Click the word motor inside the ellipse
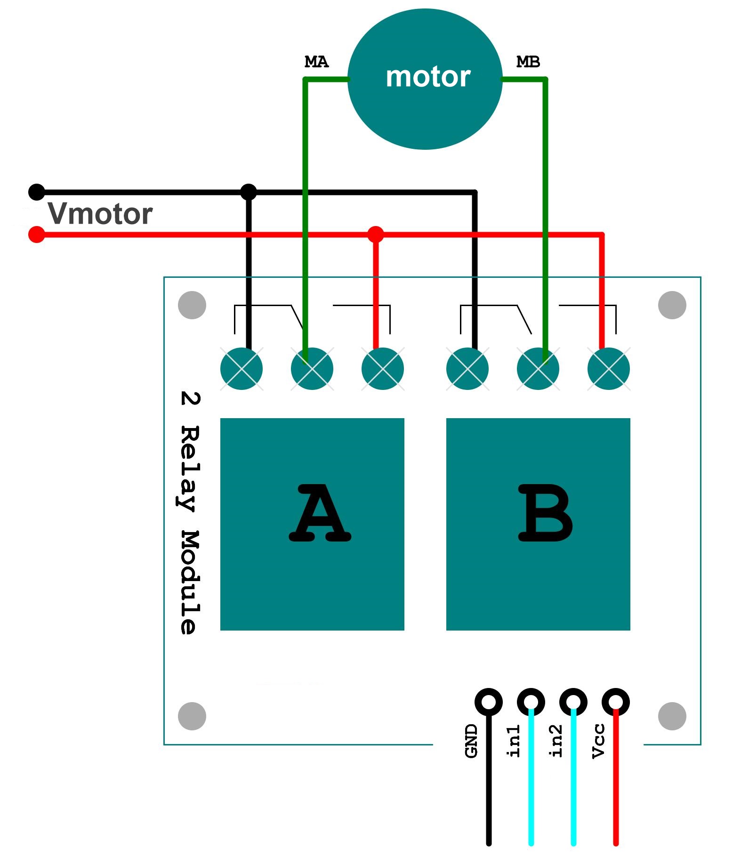(x=427, y=77)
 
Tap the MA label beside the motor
(x=316, y=62)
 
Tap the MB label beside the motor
(x=528, y=62)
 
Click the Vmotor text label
(x=100, y=214)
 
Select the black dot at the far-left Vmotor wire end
(x=37, y=192)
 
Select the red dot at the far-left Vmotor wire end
(x=37, y=234)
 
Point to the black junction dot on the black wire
(x=249, y=192)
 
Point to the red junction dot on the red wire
(x=375, y=234)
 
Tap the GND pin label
(x=471, y=741)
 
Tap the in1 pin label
(x=514, y=741)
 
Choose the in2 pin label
(x=556, y=741)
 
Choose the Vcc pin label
(x=598, y=741)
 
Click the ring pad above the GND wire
(x=489, y=702)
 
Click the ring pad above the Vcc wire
(x=615, y=702)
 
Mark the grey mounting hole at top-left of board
(x=192, y=305)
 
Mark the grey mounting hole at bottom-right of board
(x=672, y=716)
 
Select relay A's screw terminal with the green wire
(x=312, y=369)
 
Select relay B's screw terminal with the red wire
(x=608, y=369)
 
